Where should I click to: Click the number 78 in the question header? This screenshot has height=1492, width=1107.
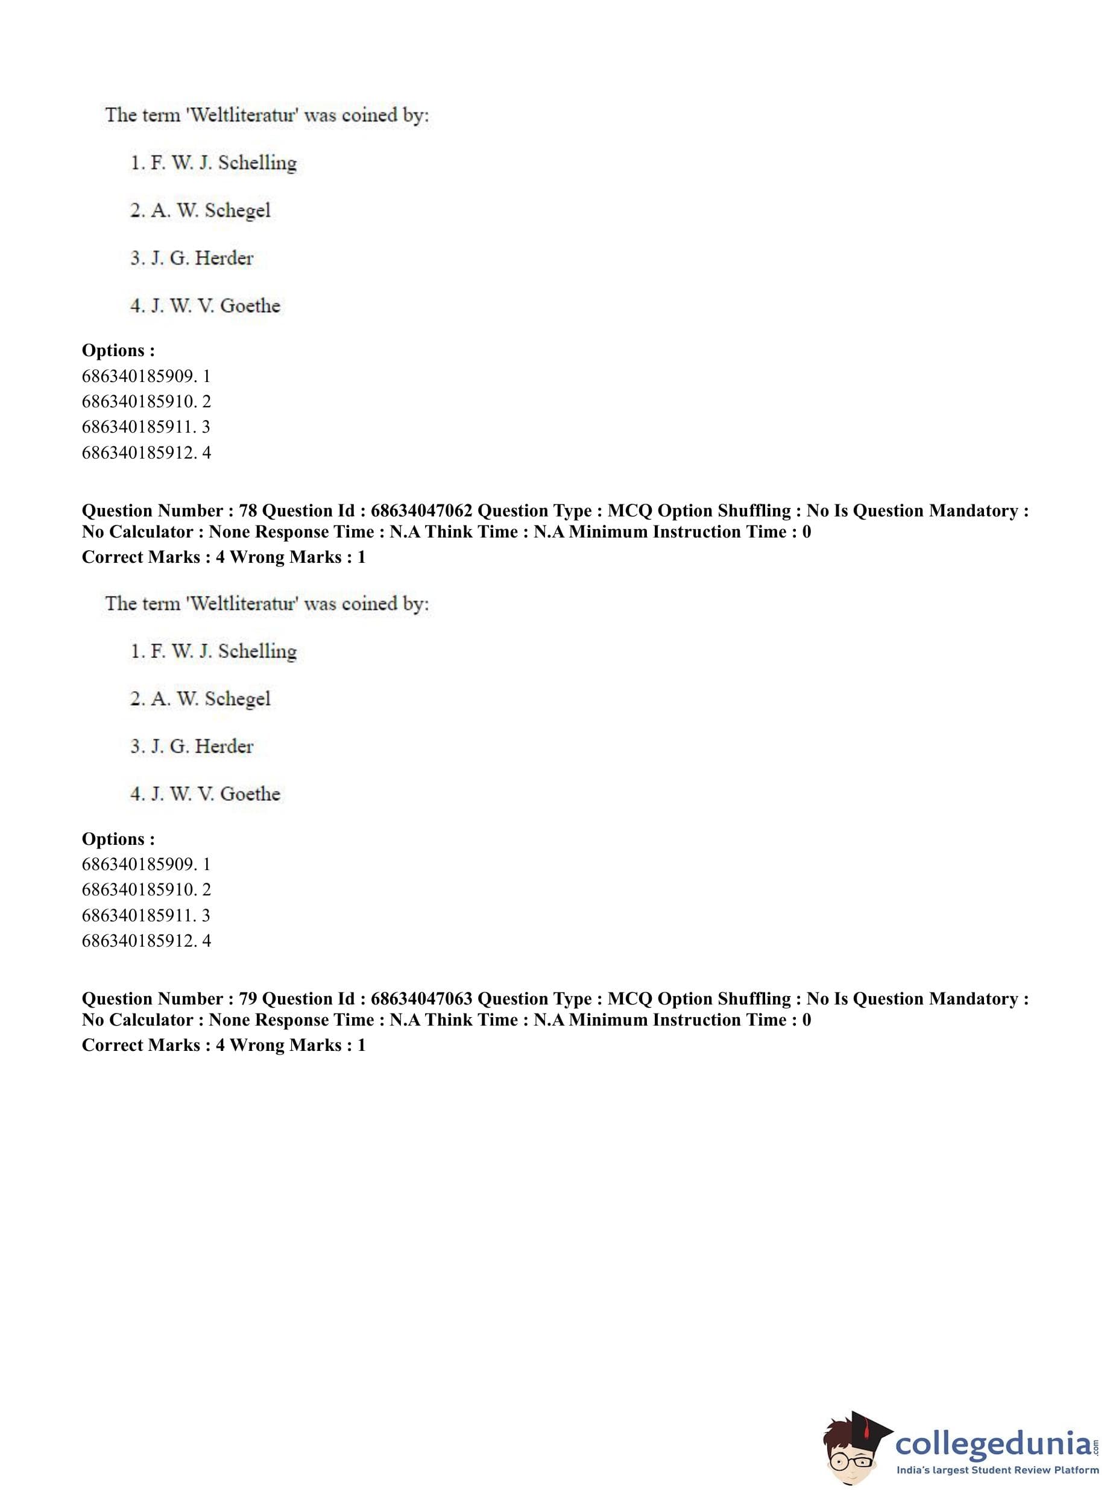click(x=248, y=511)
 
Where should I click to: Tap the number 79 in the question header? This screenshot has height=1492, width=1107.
click(x=248, y=999)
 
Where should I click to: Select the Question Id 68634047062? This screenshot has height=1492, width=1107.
click(x=421, y=511)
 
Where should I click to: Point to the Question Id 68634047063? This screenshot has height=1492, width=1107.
click(x=421, y=999)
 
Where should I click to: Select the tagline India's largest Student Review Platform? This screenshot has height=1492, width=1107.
click(x=997, y=1470)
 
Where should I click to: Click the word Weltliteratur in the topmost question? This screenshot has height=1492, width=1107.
click(x=243, y=115)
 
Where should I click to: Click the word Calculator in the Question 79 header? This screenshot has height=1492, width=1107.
click(x=151, y=1020)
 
